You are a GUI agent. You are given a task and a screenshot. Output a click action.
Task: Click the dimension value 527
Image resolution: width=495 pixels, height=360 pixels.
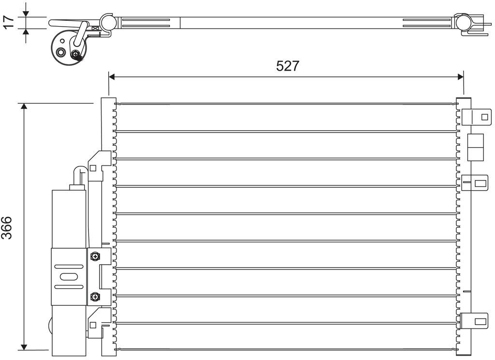[x=287, y=66]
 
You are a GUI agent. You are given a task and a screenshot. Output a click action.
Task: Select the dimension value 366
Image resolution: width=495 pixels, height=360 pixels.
[x=7, y=227]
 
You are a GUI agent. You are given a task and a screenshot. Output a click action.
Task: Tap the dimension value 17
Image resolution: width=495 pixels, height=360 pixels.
[x=9, y=22]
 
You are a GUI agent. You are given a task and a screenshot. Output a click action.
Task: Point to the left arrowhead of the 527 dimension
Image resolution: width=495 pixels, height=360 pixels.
[x=112, y=76]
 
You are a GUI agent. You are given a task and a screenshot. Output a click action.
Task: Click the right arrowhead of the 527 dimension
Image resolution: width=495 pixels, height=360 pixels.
[x=461, y=76]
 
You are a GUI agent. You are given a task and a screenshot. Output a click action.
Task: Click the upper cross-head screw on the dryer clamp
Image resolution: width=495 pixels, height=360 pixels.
[x=95, y=256]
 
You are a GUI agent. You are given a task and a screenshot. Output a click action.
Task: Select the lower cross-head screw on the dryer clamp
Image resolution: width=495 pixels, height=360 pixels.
[x=95, y=297]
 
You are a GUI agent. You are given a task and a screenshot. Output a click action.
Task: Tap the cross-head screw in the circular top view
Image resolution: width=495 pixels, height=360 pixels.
[x=76, y=54]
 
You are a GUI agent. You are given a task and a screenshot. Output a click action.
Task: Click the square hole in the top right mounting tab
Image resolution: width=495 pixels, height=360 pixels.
[x=484, y=117]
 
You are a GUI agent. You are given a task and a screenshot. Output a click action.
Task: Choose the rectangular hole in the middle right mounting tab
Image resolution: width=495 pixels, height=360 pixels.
[x=480, y=183]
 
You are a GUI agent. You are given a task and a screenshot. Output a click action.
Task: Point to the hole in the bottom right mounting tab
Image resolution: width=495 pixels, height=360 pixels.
[x=480, y=322]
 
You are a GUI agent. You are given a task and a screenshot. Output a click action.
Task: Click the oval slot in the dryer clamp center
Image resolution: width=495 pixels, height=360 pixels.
[x=68, y=277]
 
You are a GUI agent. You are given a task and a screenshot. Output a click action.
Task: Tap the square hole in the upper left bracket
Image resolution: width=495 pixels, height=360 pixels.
[x=93, y=168]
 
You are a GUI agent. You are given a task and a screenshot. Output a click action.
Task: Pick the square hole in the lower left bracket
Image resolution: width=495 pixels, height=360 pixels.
[x=93, y=325]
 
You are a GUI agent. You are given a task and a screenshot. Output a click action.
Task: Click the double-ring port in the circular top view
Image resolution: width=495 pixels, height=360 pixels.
[x=60, y=52]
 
